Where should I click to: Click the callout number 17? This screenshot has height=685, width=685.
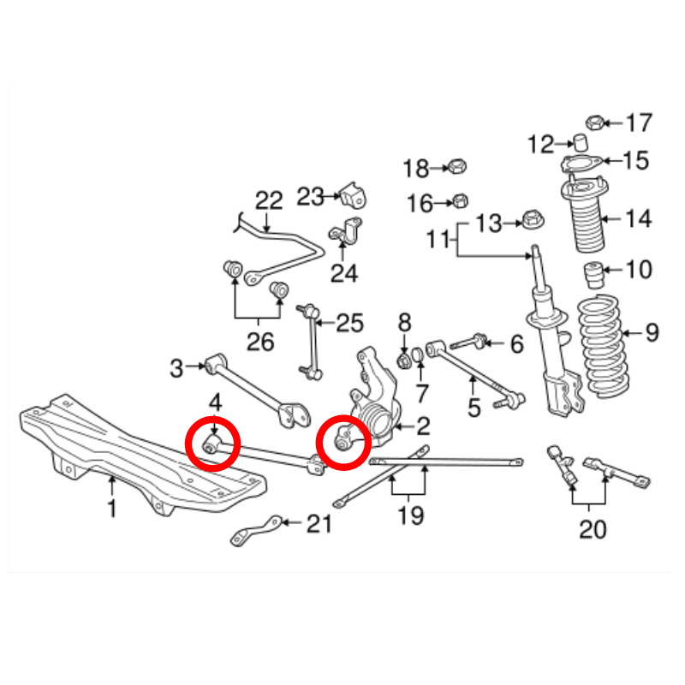[x=638, y=122]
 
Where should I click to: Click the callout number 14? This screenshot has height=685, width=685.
[x=638, y=219]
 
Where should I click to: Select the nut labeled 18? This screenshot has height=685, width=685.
[x=458, y=165]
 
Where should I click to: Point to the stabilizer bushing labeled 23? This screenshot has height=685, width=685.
[x=351, y=195]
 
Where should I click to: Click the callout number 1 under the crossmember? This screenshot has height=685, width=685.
[x=112, y=510]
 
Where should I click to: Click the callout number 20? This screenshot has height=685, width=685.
[x=592, y=529]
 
